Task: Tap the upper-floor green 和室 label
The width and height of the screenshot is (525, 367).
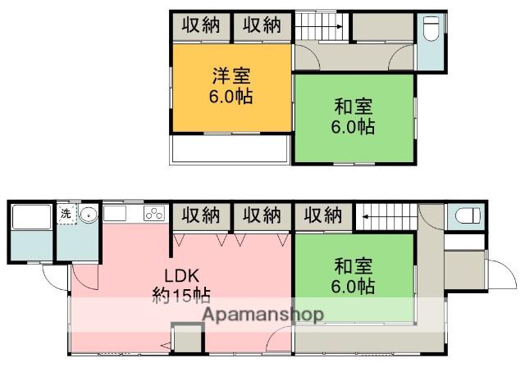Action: pos(354,106)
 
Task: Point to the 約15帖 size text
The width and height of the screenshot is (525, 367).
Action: pos(182,294)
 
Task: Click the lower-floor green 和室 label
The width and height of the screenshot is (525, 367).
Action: pos(354,266)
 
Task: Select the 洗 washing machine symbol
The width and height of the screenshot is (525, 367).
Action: pos(66,215)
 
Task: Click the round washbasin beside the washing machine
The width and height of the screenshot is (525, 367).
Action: pos(88,215)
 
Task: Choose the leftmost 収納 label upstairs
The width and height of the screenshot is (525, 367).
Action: pos(201,25)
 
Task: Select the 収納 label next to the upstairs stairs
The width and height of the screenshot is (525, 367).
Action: pos(262,25)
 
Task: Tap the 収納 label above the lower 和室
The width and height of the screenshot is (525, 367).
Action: pos(323,215)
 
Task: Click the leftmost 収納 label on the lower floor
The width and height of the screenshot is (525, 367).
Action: pos(201,215)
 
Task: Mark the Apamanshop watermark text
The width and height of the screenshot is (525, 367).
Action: pos(262,315)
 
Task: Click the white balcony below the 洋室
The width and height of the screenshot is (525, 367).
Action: pos(229,149)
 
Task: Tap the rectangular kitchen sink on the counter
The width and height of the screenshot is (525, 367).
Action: pos(115,215)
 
